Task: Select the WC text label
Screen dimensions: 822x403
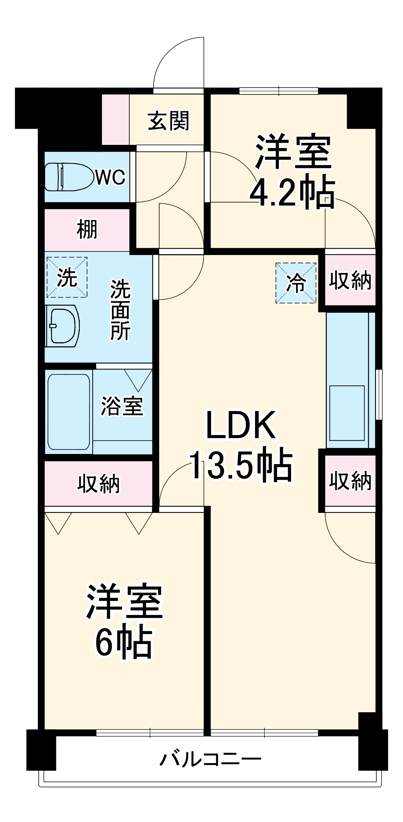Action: click(110, 177)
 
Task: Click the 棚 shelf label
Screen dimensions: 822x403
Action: click(87, 230)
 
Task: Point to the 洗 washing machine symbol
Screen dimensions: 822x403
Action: click(66, 278)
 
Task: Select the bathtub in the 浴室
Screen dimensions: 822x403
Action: click(69, 412)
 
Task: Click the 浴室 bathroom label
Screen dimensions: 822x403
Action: click(122, 406)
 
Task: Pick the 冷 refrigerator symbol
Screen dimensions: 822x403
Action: click(296, 283)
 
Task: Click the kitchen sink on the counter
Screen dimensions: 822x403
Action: click(347, 413)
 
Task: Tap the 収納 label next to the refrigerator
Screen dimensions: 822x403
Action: click(350, 280)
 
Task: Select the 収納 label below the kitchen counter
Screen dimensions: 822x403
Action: click(350, 481)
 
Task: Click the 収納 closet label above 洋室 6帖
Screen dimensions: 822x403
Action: click(99, 483)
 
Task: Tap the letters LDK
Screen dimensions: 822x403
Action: click(241, 425)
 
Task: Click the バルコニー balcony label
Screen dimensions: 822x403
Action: click(210, 759)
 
